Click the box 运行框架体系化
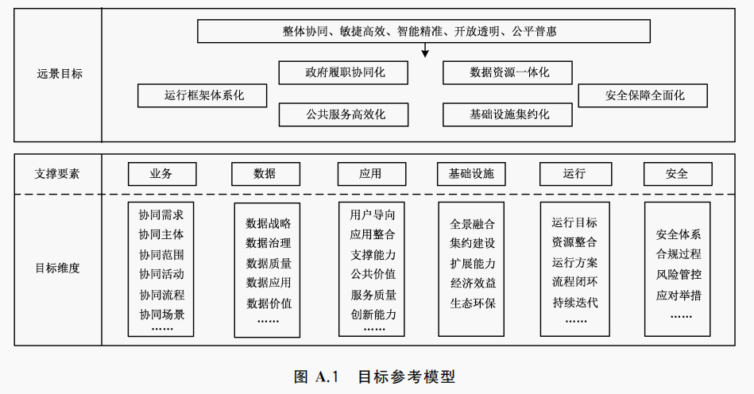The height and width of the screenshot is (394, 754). (203, 96)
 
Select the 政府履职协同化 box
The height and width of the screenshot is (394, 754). (343, 72)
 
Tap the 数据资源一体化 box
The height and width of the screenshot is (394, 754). (508, 72)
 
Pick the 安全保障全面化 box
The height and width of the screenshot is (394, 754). (643, 96)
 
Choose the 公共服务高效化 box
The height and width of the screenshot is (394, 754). (343, 114)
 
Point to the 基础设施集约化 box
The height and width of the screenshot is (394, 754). (508, 114)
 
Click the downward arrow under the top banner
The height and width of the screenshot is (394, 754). (425, 50)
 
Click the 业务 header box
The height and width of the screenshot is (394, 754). (161, 173)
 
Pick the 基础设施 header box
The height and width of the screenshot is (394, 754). (471, 173)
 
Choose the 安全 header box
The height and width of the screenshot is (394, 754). (677, 173)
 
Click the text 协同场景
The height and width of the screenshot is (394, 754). (161, 315)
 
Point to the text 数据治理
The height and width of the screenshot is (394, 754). (268, 243)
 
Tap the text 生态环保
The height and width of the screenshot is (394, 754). (472, 303)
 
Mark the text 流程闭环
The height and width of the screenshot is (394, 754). (574, 282)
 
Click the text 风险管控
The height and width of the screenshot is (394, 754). (678, 274)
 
